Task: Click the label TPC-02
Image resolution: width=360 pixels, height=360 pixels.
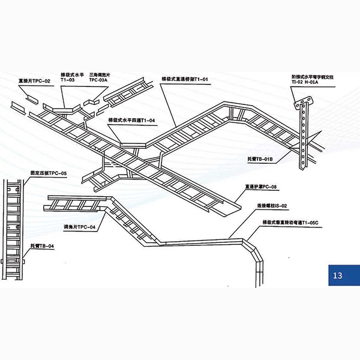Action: click(34, 80)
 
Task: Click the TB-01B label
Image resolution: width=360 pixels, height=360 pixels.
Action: click(260, 160)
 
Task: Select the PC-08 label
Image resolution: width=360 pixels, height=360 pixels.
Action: click(259, 187)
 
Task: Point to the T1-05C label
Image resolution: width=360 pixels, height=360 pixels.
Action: click(284, 222)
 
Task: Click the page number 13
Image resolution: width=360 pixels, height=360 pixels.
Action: click(337, 275)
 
